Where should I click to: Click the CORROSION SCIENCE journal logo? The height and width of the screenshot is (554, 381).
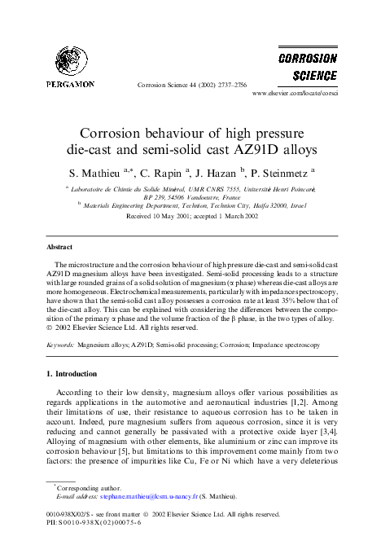(307, 68)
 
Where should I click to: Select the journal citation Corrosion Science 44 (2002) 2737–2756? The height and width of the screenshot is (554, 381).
(190, 84)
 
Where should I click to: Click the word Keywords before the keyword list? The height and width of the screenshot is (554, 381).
(59, 345)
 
